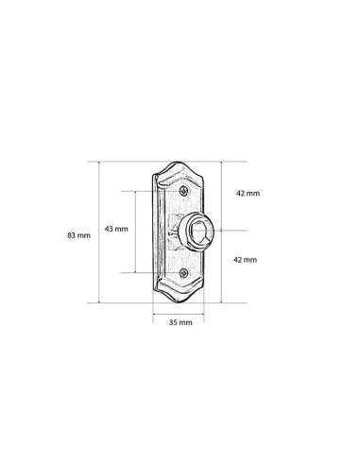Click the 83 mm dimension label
click(x=78, y=235)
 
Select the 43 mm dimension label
click(x=116, y=229)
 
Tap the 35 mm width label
click(x=180, y=322)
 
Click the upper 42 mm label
click(x=249, y=194)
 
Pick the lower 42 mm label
click(x=245, y=260)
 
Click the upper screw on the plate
click(x=183, y=191)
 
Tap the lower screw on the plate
click(x=183, y=273)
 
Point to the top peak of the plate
click(x=177, y=163)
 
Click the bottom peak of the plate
click(x=179, y=302)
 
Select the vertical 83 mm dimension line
click(x=99, y=232)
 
